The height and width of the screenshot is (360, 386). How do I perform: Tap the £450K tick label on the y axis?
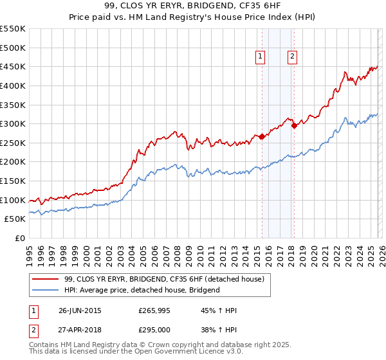tap(13, 66)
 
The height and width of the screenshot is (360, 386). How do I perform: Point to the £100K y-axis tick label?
tap(13, 200)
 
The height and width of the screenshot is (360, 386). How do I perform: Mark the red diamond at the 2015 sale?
tap(262, 137)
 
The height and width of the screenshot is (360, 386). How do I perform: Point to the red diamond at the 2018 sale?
tap(294, 126)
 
